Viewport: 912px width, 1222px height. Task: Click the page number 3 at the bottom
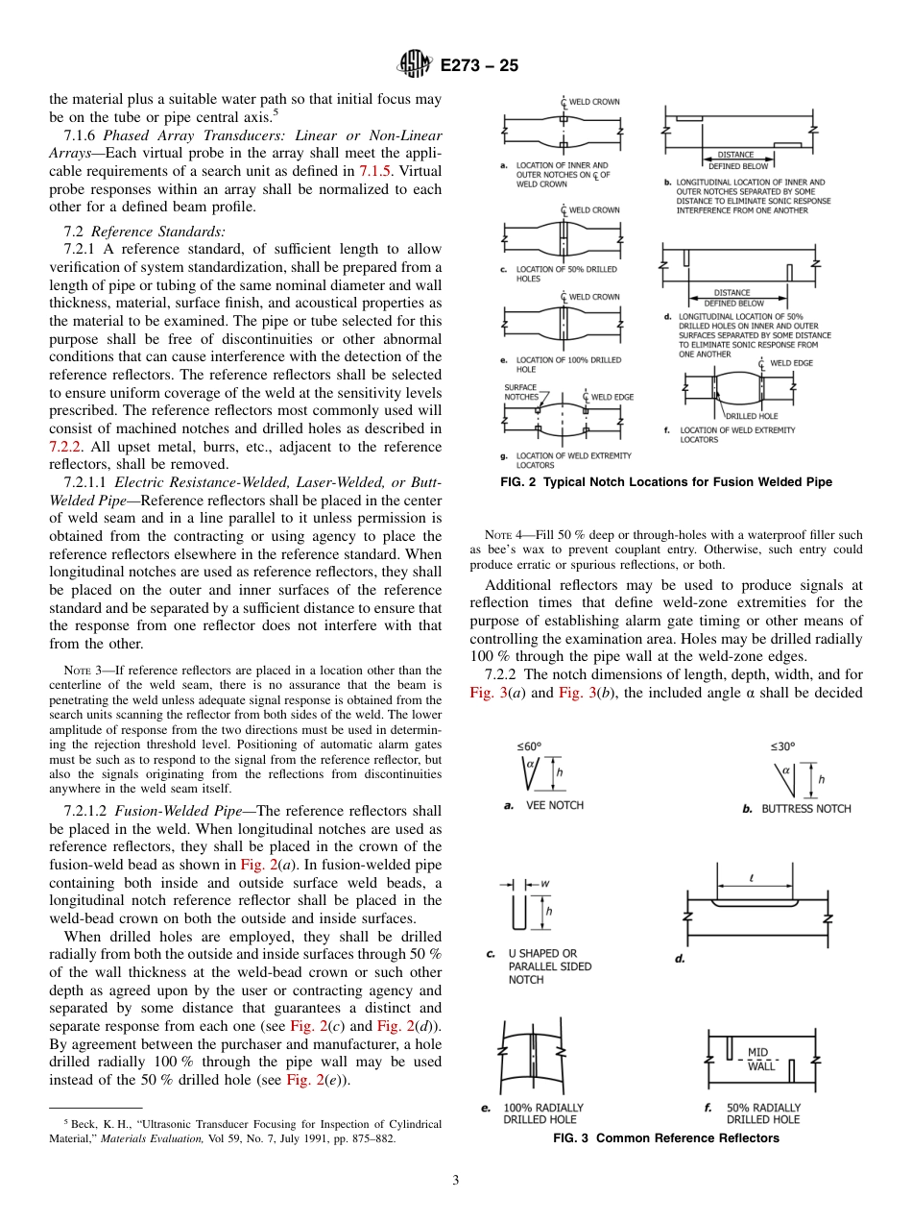coord(455,1180)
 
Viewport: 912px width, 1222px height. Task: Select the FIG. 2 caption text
coord(665,481)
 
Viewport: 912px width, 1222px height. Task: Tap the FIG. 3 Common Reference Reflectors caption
coord(665,1138)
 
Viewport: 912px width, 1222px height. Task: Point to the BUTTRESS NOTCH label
coord(804,809)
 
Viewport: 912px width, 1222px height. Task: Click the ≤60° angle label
coord(529,745)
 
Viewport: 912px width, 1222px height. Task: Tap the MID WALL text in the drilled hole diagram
coord(759,1059)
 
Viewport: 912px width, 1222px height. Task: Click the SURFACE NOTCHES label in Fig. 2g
coord(520,392)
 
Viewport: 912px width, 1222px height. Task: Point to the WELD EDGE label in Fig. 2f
coord(791,363)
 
